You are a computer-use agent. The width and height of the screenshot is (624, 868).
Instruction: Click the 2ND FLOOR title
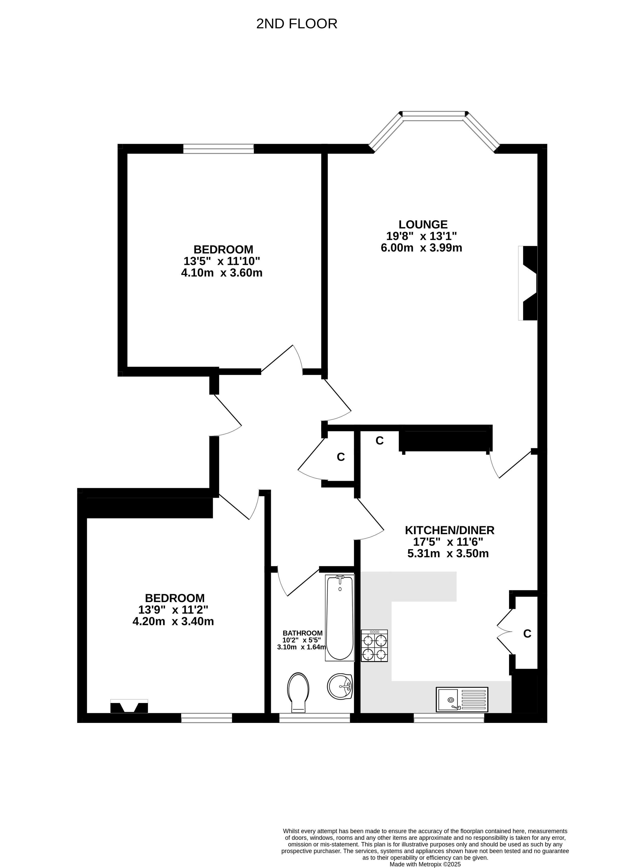296,24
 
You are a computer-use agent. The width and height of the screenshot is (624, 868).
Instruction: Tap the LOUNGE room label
423,224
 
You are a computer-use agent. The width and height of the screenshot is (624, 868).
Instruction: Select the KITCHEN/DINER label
450,530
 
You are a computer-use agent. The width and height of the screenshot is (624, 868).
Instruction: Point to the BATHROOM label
302,633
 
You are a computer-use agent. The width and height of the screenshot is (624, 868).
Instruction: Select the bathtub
340,618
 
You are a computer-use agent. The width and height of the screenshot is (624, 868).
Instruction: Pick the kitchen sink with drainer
462,700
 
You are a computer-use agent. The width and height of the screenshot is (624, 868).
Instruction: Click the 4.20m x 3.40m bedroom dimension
173,621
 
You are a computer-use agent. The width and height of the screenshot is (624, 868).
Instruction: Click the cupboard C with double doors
527,634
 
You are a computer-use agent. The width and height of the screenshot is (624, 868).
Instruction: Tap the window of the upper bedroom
218,148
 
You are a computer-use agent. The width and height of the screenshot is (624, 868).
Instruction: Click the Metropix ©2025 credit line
425,864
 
